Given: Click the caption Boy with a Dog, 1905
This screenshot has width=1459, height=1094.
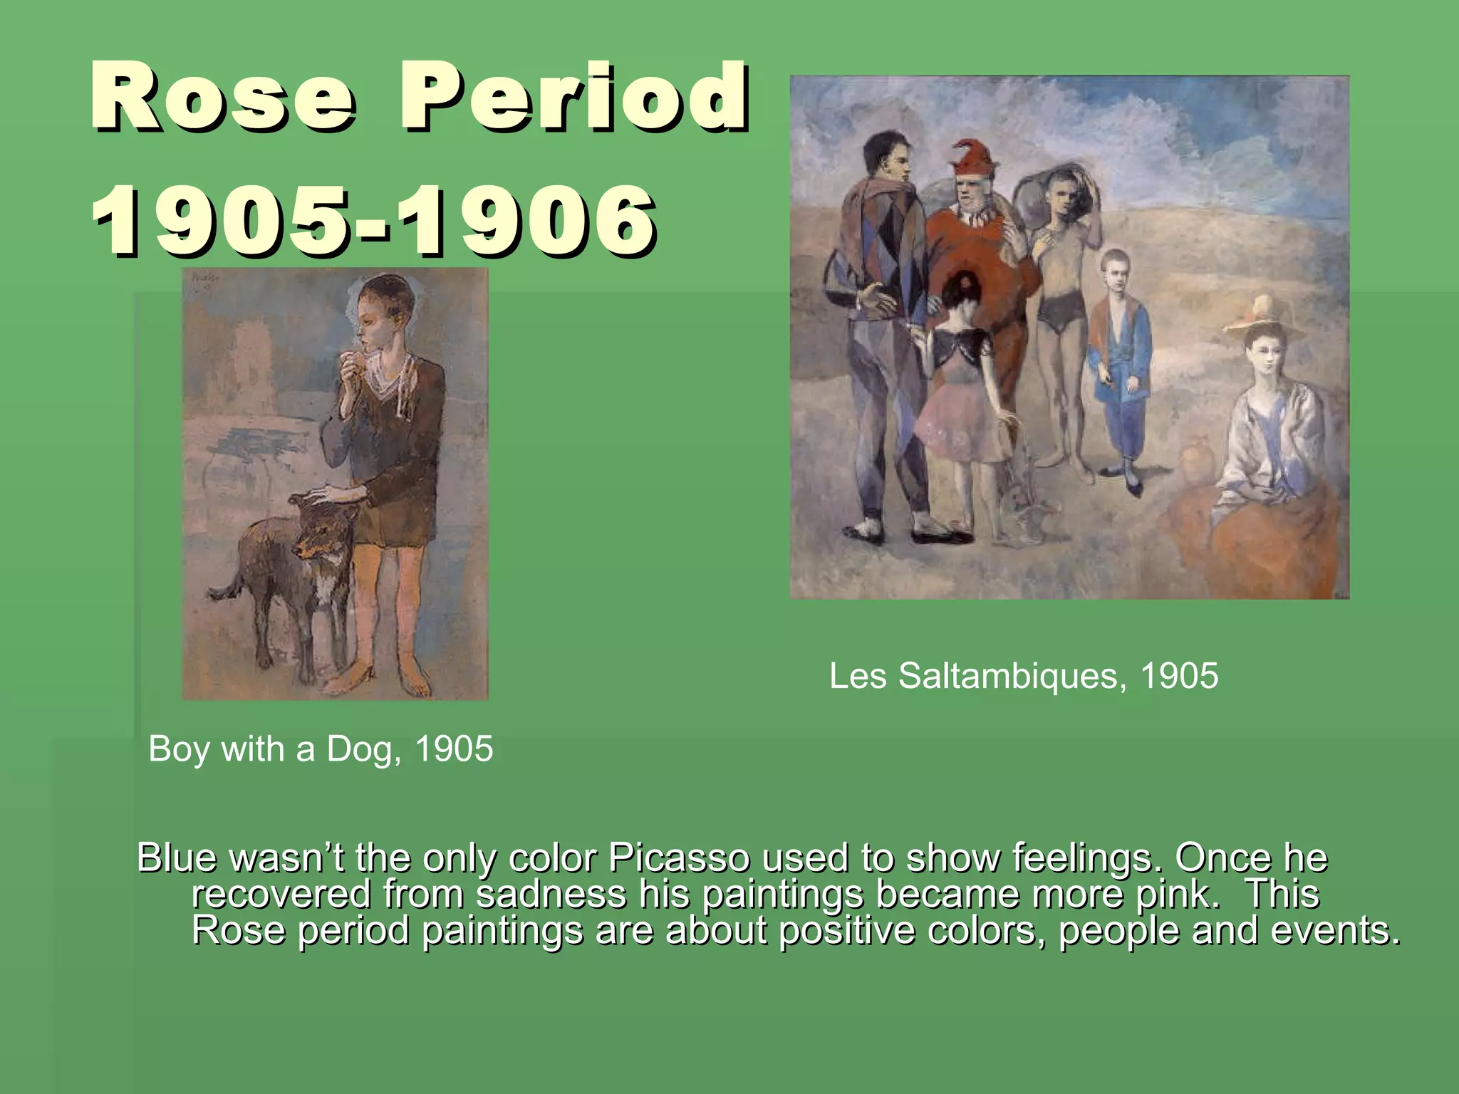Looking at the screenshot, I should [321, 749].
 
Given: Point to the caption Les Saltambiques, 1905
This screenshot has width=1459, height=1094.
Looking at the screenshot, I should [1024, 676].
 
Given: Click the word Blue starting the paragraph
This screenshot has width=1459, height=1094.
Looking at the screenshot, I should [177, 858].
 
